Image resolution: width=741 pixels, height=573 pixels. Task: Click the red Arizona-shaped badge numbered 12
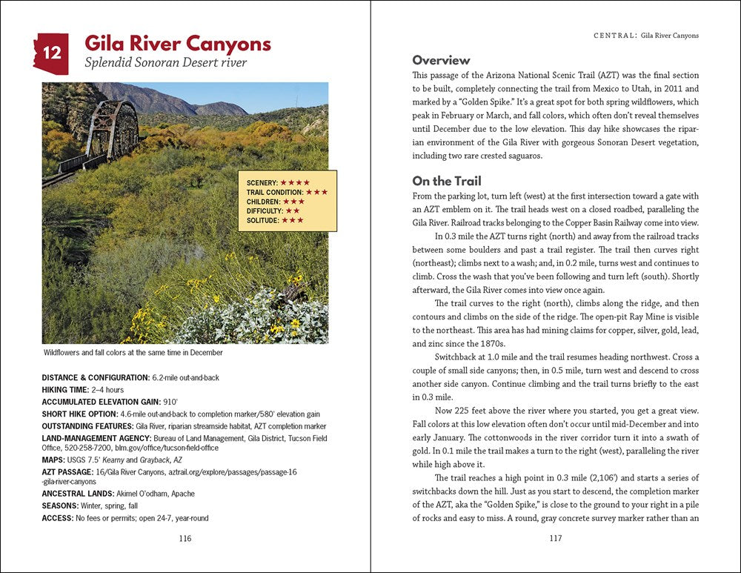point(51,54)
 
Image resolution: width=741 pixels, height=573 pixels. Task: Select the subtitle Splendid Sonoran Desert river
point(165,63)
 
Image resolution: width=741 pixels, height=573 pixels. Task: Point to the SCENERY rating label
point(262,182)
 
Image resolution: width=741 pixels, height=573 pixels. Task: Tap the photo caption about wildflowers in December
point(133,353)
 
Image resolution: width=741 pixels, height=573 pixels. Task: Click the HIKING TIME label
point(65,389)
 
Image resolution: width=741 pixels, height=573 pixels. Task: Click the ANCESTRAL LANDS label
point(78,494)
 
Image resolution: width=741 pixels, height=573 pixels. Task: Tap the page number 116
point(185,538)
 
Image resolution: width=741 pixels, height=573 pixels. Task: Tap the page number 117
point(555,538)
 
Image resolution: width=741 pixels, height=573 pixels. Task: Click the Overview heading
point(441,60)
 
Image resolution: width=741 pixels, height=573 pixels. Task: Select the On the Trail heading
point(447,181)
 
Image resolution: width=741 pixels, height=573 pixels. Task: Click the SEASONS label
point(62,506)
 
